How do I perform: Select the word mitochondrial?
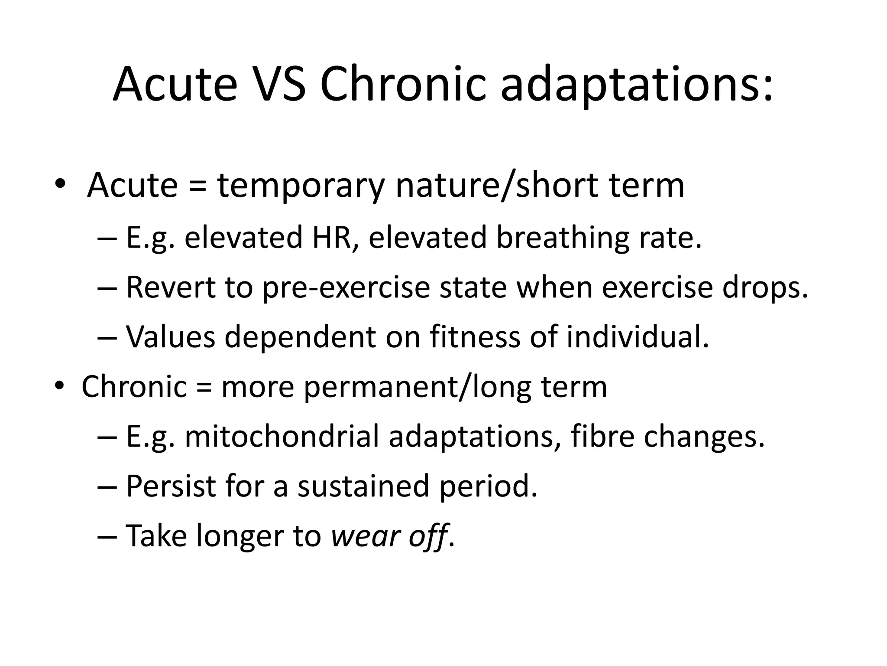pos(282,436)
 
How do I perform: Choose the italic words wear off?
pos(389,536)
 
